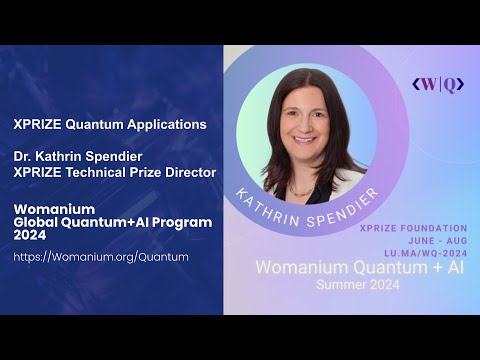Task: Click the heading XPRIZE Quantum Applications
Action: click(110, 125)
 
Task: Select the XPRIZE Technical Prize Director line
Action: click(114, 173)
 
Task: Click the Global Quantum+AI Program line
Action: click(112, 221)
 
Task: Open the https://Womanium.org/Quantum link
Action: click(101, 257)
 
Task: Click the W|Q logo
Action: click(437, 85)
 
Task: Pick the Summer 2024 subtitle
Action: click(357, 285)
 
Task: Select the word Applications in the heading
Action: click(165, 125)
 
